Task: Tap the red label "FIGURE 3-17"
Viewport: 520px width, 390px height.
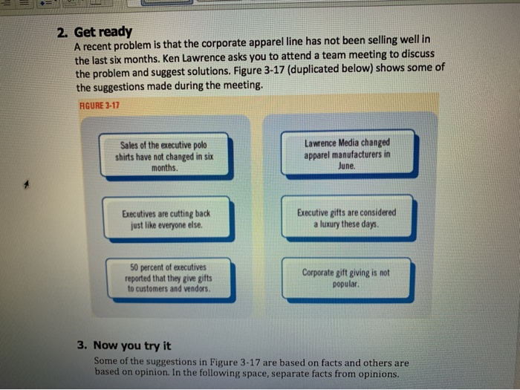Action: pyautogui.click(x=99, y=104)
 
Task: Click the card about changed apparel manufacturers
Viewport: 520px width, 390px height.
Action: pyautogui.click(x=347, y=154)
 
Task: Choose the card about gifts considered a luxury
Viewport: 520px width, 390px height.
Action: pyautogui.click(x=347, y=218)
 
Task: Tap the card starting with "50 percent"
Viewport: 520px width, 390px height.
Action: pyautogui.click(x=170, y=278)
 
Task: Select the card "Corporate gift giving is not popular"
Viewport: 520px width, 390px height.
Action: pyautogui.click(x=346, y=278)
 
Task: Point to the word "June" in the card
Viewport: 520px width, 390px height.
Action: pyautogui.click(x=347, y=166)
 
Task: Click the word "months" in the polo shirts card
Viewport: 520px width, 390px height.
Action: pyautogui.click(x=163, y=167)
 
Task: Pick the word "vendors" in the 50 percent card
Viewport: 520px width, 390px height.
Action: pyautogui.click(x=196, y=287)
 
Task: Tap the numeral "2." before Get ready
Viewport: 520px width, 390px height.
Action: pyautogui.click(x=64, y=32)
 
